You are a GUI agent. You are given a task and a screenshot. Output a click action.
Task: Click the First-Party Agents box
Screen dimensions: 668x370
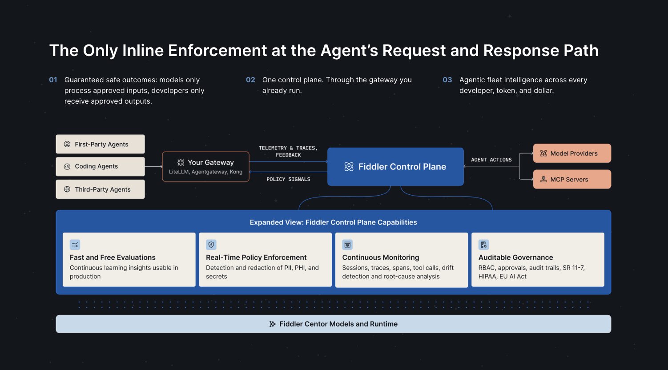(100, 144)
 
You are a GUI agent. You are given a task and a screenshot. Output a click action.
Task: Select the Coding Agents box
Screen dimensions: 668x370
(100, 166)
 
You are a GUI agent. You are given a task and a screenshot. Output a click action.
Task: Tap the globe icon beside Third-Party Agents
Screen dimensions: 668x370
(67, 189)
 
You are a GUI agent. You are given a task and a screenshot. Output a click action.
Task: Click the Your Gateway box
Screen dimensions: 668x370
(206, 166)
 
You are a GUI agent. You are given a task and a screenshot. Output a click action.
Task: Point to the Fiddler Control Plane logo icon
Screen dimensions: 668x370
(349, 167)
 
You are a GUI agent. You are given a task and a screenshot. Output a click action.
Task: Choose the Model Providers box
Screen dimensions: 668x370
(572, 153)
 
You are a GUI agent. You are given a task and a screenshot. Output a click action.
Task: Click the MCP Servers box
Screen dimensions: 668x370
(572, 179)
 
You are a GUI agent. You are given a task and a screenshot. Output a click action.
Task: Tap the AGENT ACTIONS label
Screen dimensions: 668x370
(491, 160)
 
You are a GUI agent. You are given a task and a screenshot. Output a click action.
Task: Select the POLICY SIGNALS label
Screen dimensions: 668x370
(288, 179)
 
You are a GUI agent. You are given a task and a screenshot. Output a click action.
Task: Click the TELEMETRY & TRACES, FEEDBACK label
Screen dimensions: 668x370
(288, 152)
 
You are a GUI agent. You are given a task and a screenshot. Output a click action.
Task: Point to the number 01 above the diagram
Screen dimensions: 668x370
(53, 80)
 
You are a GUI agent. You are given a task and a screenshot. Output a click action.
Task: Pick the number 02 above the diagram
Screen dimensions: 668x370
(250, 80)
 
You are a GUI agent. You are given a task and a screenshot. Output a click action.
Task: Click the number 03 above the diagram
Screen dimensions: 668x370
(447, 80)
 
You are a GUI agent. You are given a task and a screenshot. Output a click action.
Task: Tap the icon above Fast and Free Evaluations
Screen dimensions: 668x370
(75, 245)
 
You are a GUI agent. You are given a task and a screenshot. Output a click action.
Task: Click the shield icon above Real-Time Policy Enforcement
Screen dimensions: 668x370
(211, 245)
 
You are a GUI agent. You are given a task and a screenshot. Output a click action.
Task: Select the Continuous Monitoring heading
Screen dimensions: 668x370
(381, 257)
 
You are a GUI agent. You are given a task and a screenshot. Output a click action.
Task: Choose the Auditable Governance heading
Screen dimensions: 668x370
(515, 257)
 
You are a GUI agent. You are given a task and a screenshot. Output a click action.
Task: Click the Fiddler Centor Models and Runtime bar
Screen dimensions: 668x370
(334, 324)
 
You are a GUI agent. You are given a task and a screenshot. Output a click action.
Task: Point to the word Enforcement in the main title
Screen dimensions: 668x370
(217, 50)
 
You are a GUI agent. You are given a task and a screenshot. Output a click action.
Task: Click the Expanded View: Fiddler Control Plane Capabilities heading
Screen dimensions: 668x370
(334, 222)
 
